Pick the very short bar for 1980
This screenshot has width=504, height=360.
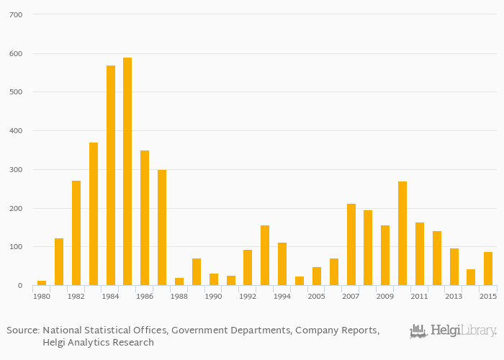pyautogui.click(x=42, y=283)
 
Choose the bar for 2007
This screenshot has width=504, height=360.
pyautogui.click(x=351, y=245)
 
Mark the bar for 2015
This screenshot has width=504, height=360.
pyautogui.click(x=488, y=269)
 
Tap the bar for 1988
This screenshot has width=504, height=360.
pyautogui.click(x=179, y=282)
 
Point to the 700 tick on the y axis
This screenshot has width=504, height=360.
pyautogui.click(x=16, y=14)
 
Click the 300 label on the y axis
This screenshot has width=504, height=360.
pyautogui.click(x=16, y=170)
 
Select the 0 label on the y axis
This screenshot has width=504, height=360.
pyautogui.click(x=20, y=286)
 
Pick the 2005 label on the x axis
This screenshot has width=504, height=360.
pyautogui.click(x=317, y=297)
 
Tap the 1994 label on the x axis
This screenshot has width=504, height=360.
pyautogui.click(x=282, y=297)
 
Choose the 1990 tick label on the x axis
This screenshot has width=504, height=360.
pyautogui.click(x=214, y=297)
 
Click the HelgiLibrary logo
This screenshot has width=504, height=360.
pyautogui.click(x=453, y=331)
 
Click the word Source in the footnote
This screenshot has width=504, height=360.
pyautogui.click(x=22, y=330)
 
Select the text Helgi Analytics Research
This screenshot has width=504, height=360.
pyautogui.click(x=98, y=343)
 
